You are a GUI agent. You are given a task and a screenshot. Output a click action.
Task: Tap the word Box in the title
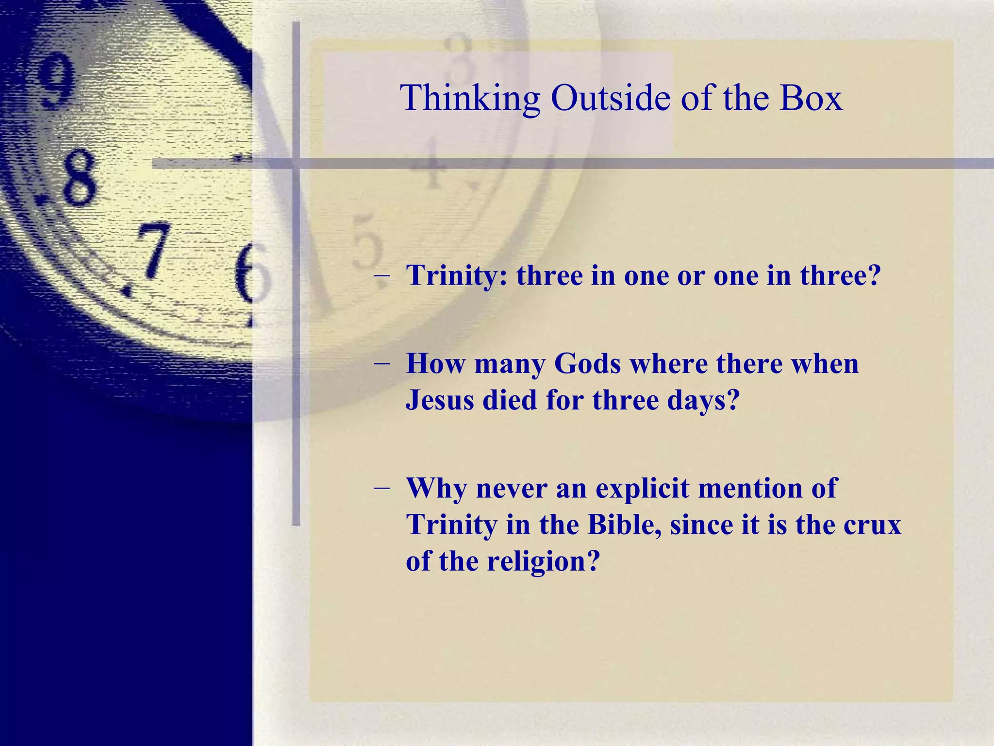(811, 99)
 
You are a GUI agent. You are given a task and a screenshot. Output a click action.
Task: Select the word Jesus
(439, 400)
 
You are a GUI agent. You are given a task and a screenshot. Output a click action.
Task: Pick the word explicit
(642, 488)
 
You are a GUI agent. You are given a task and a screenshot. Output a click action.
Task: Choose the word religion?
(543, 562)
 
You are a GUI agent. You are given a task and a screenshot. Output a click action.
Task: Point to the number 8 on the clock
(78, 177)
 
